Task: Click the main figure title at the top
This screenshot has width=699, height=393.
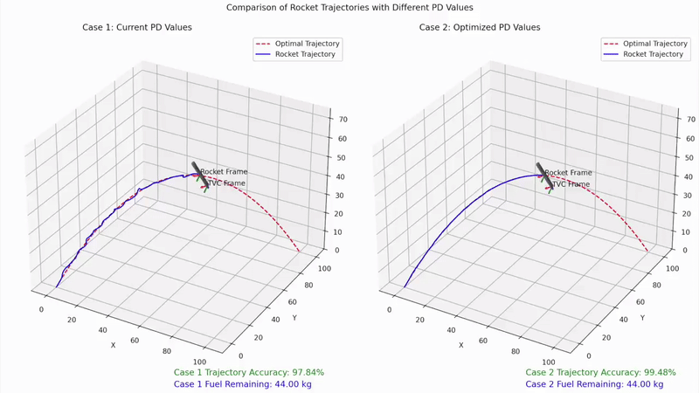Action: click(x=349, y=7)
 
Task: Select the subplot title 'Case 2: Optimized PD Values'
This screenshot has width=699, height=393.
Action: click(x=480, y=27)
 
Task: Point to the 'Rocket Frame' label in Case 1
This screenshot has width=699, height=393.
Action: click(x=224, y=172)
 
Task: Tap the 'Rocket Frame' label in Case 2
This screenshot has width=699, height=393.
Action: click(x=568, y=173)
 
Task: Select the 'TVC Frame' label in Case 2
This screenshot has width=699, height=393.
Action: click(x=570, y=184)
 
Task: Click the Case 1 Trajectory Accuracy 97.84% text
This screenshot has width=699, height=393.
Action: click(x=249, y=372)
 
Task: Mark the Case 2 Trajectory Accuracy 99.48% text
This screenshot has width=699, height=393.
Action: click(x=601, y=372)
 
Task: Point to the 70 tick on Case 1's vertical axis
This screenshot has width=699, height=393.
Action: click(x=334, y=119)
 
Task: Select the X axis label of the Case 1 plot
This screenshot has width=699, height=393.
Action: click(x=113, y=345)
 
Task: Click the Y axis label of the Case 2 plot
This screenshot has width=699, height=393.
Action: click(x=642, y=318)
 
